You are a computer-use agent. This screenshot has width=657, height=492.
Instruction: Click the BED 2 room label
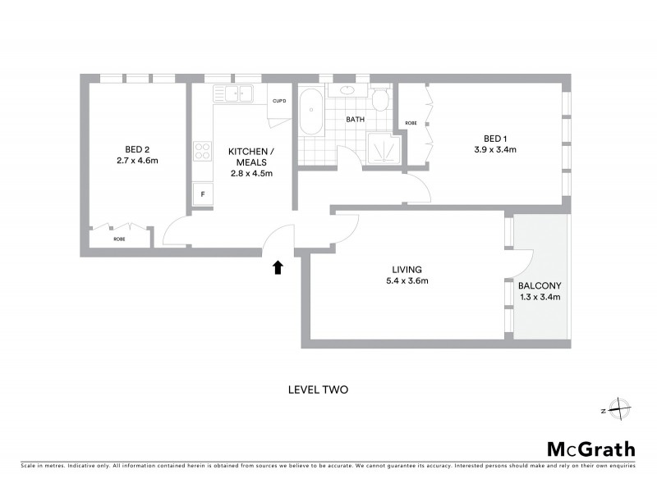coord(136,149)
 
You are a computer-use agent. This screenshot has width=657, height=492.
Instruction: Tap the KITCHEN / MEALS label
coord(250,153)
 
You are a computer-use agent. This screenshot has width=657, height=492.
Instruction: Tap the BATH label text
coord(355,120)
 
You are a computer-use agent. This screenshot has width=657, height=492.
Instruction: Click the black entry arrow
coord(278,266)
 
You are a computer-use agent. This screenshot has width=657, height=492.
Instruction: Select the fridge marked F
coord(202,194)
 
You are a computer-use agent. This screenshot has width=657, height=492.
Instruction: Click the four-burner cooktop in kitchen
coord(202,151)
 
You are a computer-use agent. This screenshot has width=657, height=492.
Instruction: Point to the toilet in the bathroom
coord(379,101)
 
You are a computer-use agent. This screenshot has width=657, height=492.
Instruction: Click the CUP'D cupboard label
coord(279,101)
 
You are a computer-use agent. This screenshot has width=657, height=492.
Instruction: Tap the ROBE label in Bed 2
coord(119,239)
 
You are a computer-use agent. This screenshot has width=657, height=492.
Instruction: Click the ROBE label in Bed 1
coord(411,123)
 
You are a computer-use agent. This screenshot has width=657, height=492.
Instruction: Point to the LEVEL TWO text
coord(317,389)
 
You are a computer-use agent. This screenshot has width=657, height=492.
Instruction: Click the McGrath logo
coord(590,449)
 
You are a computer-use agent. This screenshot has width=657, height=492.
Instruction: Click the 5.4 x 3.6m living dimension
coord(407,281)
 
